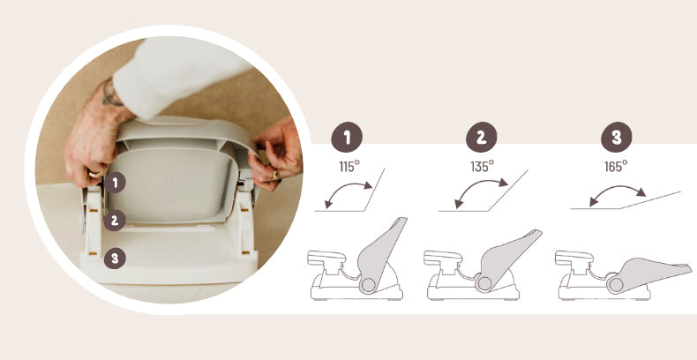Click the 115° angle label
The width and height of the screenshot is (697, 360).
[349, 167]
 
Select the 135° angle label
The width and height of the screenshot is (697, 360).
[483, 167]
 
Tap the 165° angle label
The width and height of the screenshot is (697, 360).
[616, 167]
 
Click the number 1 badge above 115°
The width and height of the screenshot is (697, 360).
[347, 138]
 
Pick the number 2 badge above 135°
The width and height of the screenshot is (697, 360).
[482, 138]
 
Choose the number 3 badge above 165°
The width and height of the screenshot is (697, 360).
[617, 138]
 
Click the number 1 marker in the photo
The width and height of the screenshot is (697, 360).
[115, 183]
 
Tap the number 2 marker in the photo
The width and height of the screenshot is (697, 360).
[115, 220]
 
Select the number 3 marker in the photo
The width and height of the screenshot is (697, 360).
[115, 259]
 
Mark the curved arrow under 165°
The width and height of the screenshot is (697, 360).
[616, 187]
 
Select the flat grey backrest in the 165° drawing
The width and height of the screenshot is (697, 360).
[649, 270]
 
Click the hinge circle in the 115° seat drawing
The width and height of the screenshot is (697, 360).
[368, 285]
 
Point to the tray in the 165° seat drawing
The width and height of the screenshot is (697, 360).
[573, 258]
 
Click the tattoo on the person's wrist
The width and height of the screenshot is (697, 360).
[111, 94]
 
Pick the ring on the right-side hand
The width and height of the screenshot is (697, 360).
[275, 175]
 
